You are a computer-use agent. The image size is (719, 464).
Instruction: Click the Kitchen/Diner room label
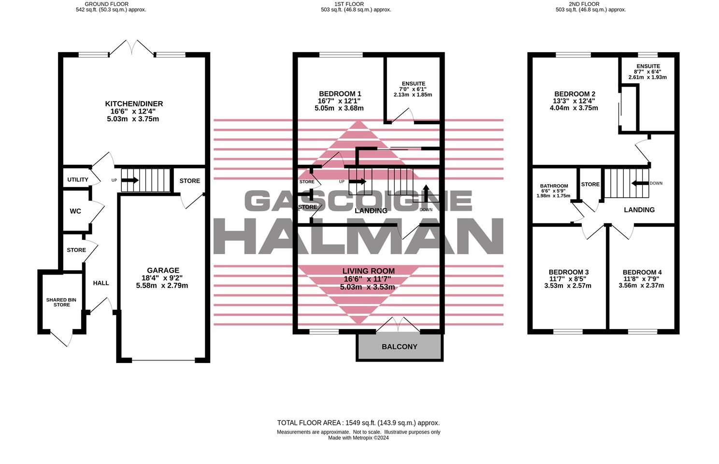[134, 104]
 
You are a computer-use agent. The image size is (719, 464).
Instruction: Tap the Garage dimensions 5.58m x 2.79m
[162, 286]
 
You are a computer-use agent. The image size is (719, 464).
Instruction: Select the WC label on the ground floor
[75, 211]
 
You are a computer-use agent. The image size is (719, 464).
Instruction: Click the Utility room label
[78, 180]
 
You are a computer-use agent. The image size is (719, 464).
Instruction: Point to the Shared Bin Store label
[61, 303]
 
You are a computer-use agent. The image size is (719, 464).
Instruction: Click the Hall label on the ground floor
[101, 283]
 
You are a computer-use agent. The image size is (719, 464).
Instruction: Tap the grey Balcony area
[399, 347]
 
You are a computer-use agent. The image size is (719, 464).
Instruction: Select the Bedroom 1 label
[340, 94]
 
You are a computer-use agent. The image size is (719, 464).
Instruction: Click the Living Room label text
[368, 271]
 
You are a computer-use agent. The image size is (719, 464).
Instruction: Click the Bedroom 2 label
[574, 94]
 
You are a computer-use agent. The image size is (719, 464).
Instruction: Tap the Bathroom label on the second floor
[554, 186]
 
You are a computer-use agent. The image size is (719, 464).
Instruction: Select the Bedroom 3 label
[568, 272]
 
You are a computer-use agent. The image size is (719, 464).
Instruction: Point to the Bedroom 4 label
[642, 273]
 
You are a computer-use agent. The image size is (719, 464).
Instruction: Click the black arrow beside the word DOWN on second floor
[640, 183]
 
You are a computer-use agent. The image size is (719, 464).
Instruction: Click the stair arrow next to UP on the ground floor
[129, 180]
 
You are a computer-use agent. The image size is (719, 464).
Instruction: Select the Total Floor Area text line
[358, 423]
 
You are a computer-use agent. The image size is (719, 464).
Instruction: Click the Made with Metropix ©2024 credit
[358, 438]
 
